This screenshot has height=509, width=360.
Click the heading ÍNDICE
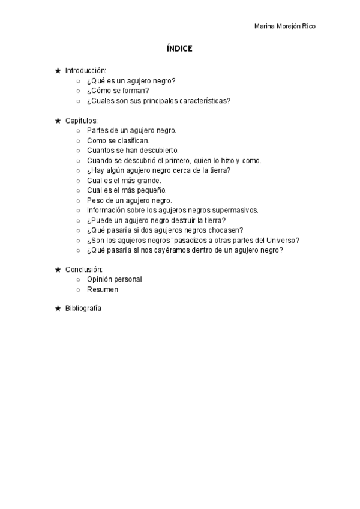(x=179, y=49)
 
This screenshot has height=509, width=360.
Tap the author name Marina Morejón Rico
(x=286, y=26)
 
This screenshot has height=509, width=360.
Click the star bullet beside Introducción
(x=58, y=71)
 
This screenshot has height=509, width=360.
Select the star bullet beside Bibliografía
(x=58, y=309)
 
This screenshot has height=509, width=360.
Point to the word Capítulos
(x=81, y=120)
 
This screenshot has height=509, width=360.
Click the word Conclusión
(x=84, y=269)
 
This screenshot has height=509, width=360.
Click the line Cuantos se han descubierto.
(x=133, y=151)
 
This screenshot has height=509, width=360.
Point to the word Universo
(x=284, y=240)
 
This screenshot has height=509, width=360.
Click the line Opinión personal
(x=114, y=279)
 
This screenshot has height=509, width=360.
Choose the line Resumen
(x=102, y=289)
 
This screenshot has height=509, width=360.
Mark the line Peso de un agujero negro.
(x=129, y=200)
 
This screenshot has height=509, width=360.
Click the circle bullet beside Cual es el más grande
(x=78, y=181)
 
